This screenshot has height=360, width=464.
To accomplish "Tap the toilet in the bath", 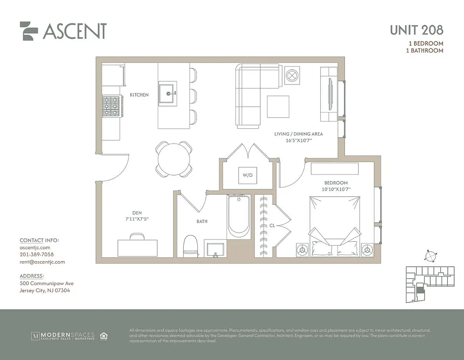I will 191,246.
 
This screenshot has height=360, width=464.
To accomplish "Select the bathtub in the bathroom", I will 239,216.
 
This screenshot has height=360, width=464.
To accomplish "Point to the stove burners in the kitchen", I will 111,107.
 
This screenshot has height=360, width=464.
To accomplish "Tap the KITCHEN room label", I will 139,95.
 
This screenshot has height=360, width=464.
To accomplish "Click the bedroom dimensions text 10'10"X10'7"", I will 336,189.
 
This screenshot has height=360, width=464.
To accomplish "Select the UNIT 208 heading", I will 416,30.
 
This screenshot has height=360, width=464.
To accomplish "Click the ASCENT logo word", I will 74,31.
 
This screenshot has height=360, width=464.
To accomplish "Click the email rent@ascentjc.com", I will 42,262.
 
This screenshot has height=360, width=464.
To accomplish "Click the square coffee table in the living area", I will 278,107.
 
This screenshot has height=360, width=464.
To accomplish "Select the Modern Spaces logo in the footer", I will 63,336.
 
